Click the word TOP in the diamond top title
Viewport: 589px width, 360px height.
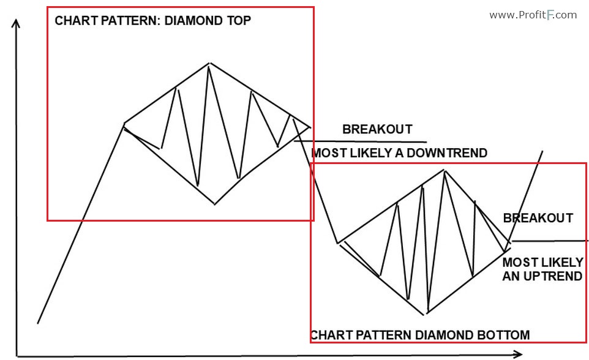[239, 20]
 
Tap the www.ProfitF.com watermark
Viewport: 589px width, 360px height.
[533, 15]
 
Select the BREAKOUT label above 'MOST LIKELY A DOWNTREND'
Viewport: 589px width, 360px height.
[377, 129]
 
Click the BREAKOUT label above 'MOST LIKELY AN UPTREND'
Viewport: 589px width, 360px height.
[538, 218]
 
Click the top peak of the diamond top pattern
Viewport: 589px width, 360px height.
[210, 63]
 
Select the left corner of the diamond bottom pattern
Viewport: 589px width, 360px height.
[337, 242]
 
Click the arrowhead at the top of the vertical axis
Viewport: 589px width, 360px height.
[17, 23]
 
